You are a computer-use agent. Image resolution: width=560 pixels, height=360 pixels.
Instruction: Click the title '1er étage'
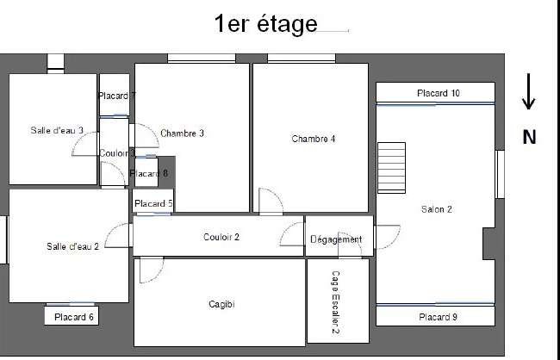click(265, 24)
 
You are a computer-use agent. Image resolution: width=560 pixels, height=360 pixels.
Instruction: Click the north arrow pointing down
click(529, 92)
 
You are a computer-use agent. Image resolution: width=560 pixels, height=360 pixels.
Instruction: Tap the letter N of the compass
click(529, 137)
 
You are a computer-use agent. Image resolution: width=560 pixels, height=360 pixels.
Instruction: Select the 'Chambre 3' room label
click(182, 133)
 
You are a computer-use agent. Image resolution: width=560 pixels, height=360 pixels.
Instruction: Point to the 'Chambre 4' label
click(314, 139)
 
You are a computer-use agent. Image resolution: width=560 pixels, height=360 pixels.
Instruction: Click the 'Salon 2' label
click(437, 209)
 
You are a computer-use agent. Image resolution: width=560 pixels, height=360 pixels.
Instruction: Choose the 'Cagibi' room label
click(221, 304)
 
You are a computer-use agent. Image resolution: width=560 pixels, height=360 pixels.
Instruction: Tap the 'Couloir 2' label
click(221, 237)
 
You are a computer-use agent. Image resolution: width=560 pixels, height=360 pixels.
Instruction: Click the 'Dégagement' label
click(336, 239)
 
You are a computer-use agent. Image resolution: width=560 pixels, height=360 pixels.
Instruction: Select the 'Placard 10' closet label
click(439, 93)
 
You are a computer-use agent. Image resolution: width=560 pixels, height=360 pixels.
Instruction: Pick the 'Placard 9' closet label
click(438, 317)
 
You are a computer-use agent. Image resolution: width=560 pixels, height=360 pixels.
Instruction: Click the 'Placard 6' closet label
click(74, 317)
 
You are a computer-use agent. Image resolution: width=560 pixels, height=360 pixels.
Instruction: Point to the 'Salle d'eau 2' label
click(72, 246)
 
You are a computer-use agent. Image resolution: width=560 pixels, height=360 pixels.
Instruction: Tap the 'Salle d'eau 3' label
click(57, 130)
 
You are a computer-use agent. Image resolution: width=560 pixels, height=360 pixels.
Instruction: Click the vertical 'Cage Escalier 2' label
click(335, 302)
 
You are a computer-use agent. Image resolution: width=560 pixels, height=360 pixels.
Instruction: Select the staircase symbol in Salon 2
click(391, 168)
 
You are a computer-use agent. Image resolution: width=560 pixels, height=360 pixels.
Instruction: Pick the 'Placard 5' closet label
click(153, 203)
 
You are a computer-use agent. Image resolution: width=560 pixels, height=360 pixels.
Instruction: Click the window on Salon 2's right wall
click(501, 174)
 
